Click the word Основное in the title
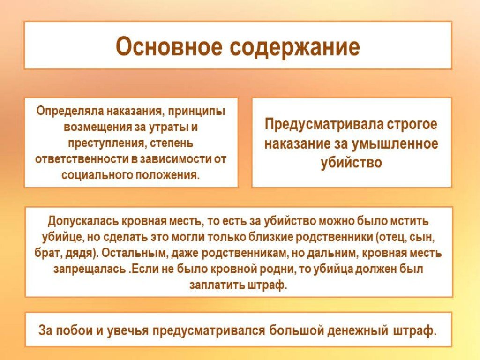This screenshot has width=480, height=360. pyautogui.click(x=169, y=46)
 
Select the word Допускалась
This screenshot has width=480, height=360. pyautogui.click(x=83, y=221)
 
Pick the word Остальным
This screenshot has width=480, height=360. pyautogui.click(x=135, y=254)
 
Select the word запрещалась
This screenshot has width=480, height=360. pyautogui.click(x=90, y=270)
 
